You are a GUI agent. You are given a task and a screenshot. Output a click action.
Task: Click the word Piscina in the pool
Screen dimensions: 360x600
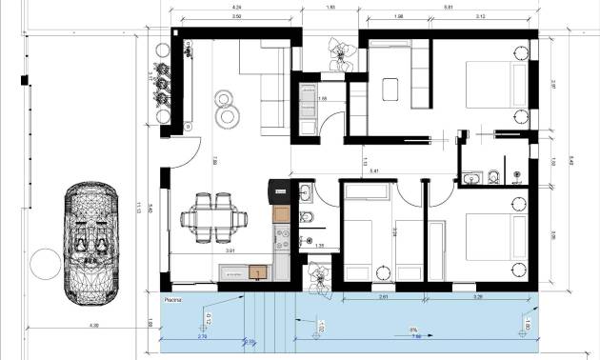point(172,298)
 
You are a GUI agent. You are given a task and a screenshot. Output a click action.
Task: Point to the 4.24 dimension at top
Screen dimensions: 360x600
point(235,8)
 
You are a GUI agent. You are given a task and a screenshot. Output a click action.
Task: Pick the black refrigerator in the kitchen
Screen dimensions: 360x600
point(277,190)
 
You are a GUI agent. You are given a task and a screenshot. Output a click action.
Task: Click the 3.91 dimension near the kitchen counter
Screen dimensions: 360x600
point(230,252)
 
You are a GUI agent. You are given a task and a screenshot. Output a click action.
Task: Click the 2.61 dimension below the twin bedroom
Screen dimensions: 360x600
point(381,297)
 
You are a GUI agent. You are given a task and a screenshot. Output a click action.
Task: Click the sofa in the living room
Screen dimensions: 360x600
point(267,90)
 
